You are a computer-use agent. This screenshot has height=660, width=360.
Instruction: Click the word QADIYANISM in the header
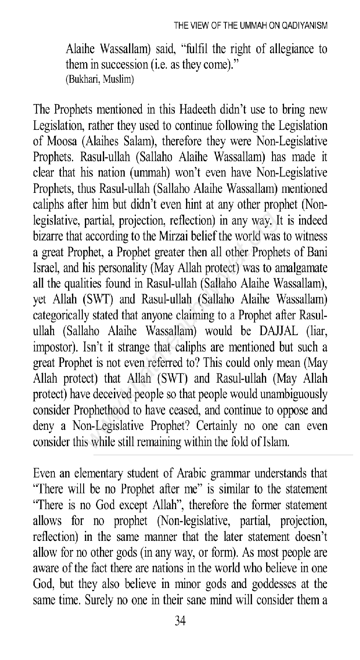pyautogui.click(x=304, y=25)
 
